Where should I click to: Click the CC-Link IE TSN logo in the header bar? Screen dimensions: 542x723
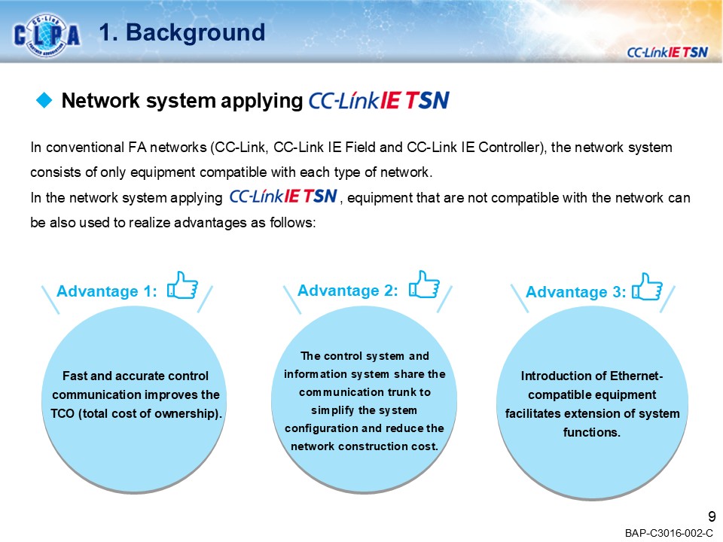(667, 51)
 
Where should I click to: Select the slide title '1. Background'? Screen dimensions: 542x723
(182, 32)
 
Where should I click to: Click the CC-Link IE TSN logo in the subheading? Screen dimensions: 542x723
(379, 102)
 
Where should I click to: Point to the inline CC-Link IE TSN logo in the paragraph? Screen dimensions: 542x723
(283, 197)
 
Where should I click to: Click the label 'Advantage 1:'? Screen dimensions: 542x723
(107, 292)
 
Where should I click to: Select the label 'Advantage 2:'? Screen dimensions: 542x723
(348, 291)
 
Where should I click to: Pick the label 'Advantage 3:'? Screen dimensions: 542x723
(575, 292)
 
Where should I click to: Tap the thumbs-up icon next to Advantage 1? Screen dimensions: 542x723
(183, 286)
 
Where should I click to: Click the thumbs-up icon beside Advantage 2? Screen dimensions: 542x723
(424, 285)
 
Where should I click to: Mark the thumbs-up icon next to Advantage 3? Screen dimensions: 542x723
(648, 287)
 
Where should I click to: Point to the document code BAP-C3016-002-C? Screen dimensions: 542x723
(668, 533)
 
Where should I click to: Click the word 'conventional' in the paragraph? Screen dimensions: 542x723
(78, 148)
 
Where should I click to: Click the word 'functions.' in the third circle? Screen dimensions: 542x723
(591, 432)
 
